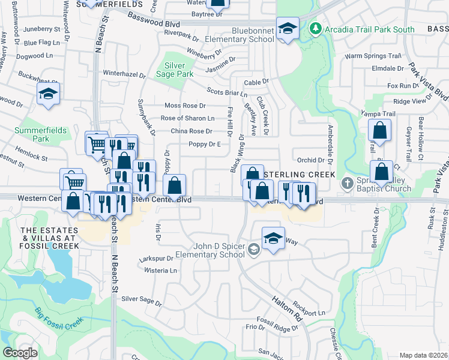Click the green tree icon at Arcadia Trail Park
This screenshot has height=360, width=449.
(x=315, y=28)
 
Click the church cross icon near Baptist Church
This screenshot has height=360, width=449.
(x=346, y=182)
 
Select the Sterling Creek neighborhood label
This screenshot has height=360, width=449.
(x=296, y=173)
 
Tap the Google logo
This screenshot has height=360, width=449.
(x=20, y=353)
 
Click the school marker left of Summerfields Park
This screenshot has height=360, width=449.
(x=48, y=94)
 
